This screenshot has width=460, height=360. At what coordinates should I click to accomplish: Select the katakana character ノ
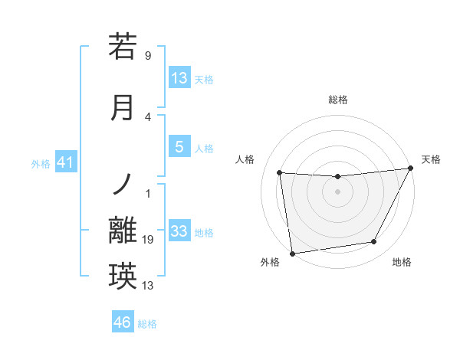(123, 182)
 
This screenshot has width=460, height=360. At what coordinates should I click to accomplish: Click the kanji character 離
(123, 231)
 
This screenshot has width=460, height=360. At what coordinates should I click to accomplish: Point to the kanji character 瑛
(123, 276)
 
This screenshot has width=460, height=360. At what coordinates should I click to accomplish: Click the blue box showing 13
(179, 78)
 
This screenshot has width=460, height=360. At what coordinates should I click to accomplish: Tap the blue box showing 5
(179, 148)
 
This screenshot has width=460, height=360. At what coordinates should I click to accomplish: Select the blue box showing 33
(179, 231)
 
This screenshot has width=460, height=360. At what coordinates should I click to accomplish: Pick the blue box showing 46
(123, 322)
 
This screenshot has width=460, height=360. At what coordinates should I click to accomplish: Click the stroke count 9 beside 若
(148, 56)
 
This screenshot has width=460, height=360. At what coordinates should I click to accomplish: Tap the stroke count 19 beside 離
(149, 241)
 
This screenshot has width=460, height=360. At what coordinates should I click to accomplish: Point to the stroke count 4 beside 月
(148, 117)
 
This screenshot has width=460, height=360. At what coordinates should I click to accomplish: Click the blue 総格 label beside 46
(147, 324)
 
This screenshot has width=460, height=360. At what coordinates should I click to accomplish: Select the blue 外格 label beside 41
(41, 163)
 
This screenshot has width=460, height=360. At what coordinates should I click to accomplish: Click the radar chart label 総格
(337, 100)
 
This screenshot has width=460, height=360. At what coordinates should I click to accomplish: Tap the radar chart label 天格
(431, 159)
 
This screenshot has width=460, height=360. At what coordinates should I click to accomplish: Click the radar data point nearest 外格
(292, 253)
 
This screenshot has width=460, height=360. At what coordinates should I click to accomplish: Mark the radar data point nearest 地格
(374, 242)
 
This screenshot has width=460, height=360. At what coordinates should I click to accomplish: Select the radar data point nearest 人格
(280, 172)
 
